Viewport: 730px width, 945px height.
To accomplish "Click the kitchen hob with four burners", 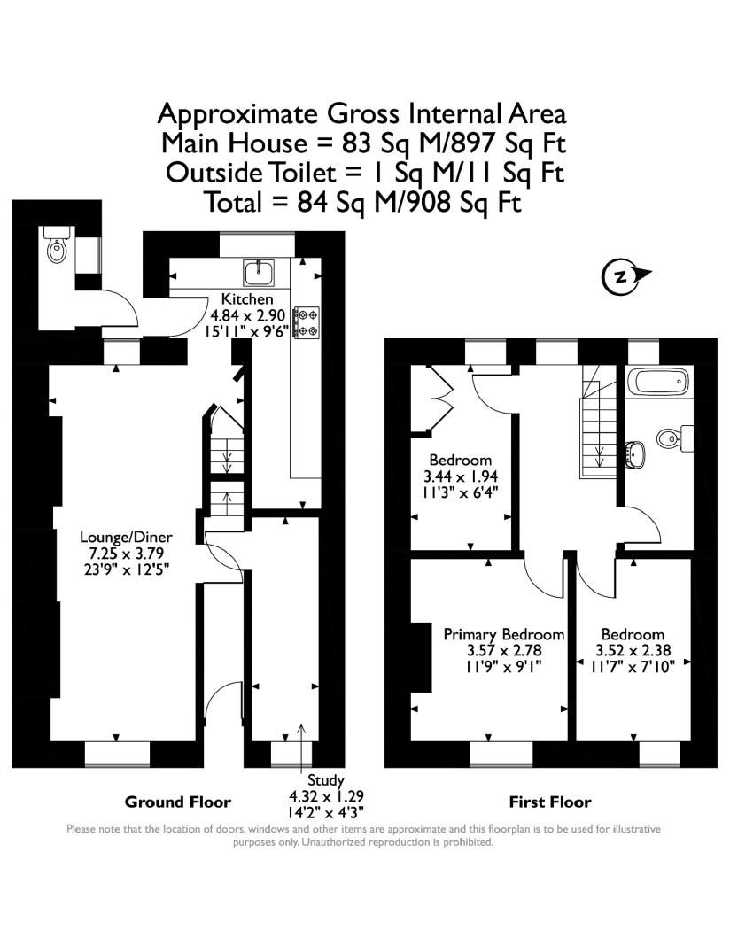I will pos(307,321).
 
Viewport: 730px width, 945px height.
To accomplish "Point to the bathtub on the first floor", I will pos(657,383).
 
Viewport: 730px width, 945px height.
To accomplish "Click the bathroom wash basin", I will pos(634,453).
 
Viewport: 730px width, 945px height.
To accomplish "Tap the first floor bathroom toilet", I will pos(672,436).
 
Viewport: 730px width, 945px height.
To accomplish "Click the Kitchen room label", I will pos(241,298).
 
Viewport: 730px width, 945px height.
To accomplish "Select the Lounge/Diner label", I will pos(126,537).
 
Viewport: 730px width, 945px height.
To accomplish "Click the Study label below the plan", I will pos(325,780).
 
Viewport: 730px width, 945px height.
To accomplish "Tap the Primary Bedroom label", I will pos(503,634).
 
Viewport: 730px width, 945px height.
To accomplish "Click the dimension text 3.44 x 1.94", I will pos(460,476).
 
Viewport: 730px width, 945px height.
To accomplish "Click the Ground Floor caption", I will pos(177,802).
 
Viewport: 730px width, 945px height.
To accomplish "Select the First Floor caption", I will pos(549,802).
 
